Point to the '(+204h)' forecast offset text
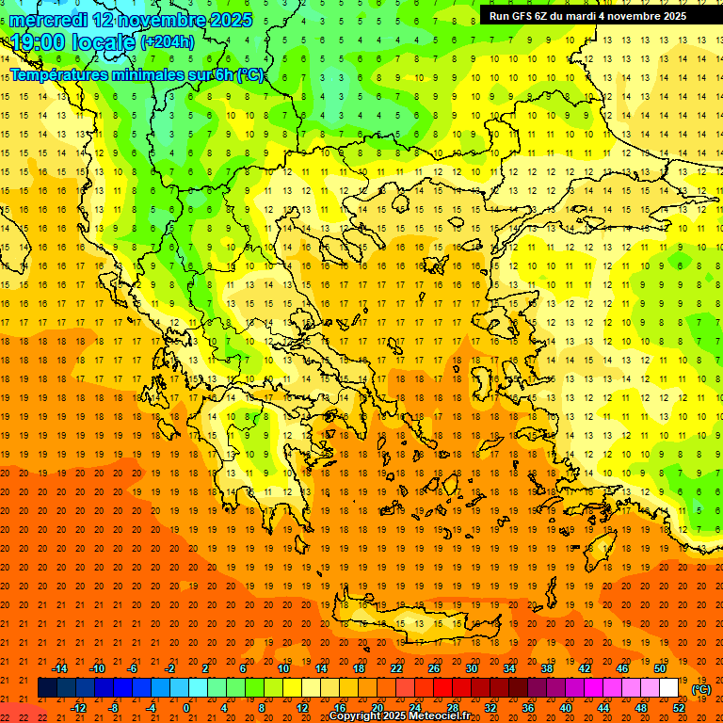pyautogui.click(x=168, y=42)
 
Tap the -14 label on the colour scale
pyautogui.click(x=59, y=667)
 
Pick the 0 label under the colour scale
pyautogui.click(x=186, y=708)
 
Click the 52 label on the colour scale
pyautogui.click(x=679, y=708)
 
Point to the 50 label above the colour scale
pyautogui.click(x=659, y=667)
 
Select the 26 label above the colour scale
pyautogui.click(x=434, y=667)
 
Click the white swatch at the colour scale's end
pyautogui.click(x=668, y=687)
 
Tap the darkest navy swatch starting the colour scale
pyautogui.click(x=47, y=687)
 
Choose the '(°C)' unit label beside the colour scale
pyautogui.click(x=701, y=689)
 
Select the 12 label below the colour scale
pyautogui.click(x=302, y=708)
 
